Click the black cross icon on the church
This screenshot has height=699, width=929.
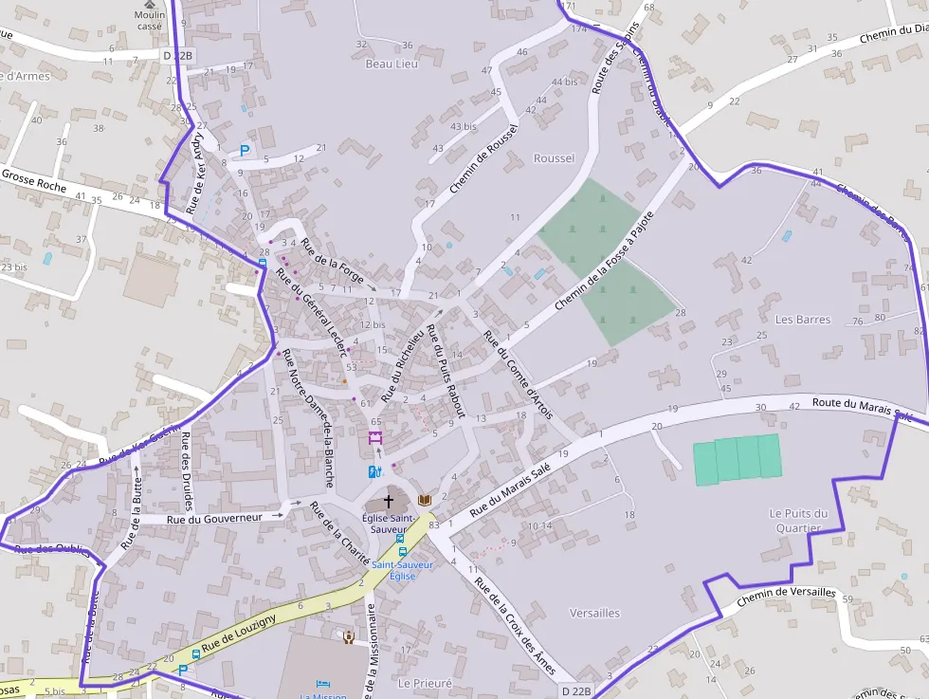coord(388,500)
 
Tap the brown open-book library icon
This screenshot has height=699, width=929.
coord(424,500)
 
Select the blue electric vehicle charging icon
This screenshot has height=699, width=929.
coord(373,471)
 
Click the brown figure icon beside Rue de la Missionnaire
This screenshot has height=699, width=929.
coord(349,636)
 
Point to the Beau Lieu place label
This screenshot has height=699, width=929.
coord(391,64)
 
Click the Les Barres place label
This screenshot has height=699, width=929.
coord(803,320)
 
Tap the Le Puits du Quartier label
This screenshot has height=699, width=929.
coord(798,521)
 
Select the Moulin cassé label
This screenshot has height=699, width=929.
coord(149,21)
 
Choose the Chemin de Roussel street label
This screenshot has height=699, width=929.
coord(483,159)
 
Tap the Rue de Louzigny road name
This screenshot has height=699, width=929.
coord(238,633)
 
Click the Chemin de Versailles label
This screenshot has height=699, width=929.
coord(786,594)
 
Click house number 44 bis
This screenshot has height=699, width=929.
coord(563,82)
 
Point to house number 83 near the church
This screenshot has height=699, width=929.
coord(434,524)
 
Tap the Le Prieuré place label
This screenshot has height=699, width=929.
coord(425,683)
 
